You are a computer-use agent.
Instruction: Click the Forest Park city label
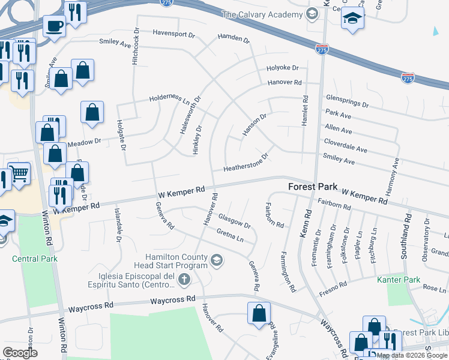point(313,187)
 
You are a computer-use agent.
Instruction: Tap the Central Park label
point(34,259)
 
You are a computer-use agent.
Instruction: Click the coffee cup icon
point(55,26)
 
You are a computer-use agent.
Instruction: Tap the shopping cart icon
point(19,174)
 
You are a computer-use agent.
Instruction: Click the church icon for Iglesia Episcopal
point(185,279)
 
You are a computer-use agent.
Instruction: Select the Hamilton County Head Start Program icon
point(217,260)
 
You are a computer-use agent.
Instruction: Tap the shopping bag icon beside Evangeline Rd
point(259,313)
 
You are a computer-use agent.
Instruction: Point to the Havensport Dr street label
point(173,34)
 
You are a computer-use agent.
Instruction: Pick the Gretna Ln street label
point(230,236)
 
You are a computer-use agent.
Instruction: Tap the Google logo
point(20,352)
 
